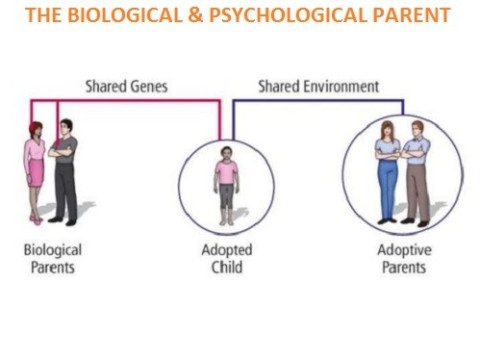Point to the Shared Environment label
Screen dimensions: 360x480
[x=319, y=86]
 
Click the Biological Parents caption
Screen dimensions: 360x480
[x=53, y=259]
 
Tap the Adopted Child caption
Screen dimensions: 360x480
[x=226, y=259]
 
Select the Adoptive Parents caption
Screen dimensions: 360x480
[x=402, y=259]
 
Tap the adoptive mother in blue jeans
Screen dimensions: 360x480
[x=387, y=170]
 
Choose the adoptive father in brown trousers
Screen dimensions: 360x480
[x=417, y=170]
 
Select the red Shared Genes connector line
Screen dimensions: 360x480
[x=140, y=100]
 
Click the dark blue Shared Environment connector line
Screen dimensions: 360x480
[x=320, y=100]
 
